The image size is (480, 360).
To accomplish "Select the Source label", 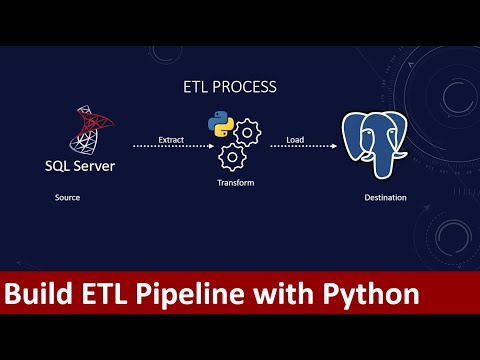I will (x=67, y=197).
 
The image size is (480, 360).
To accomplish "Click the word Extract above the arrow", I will (x=171, y=138).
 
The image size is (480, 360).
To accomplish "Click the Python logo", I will (x=219, y=125).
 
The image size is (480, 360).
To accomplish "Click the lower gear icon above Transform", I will (x=232, y=156).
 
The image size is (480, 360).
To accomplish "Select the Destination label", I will (x=385, y=197).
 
